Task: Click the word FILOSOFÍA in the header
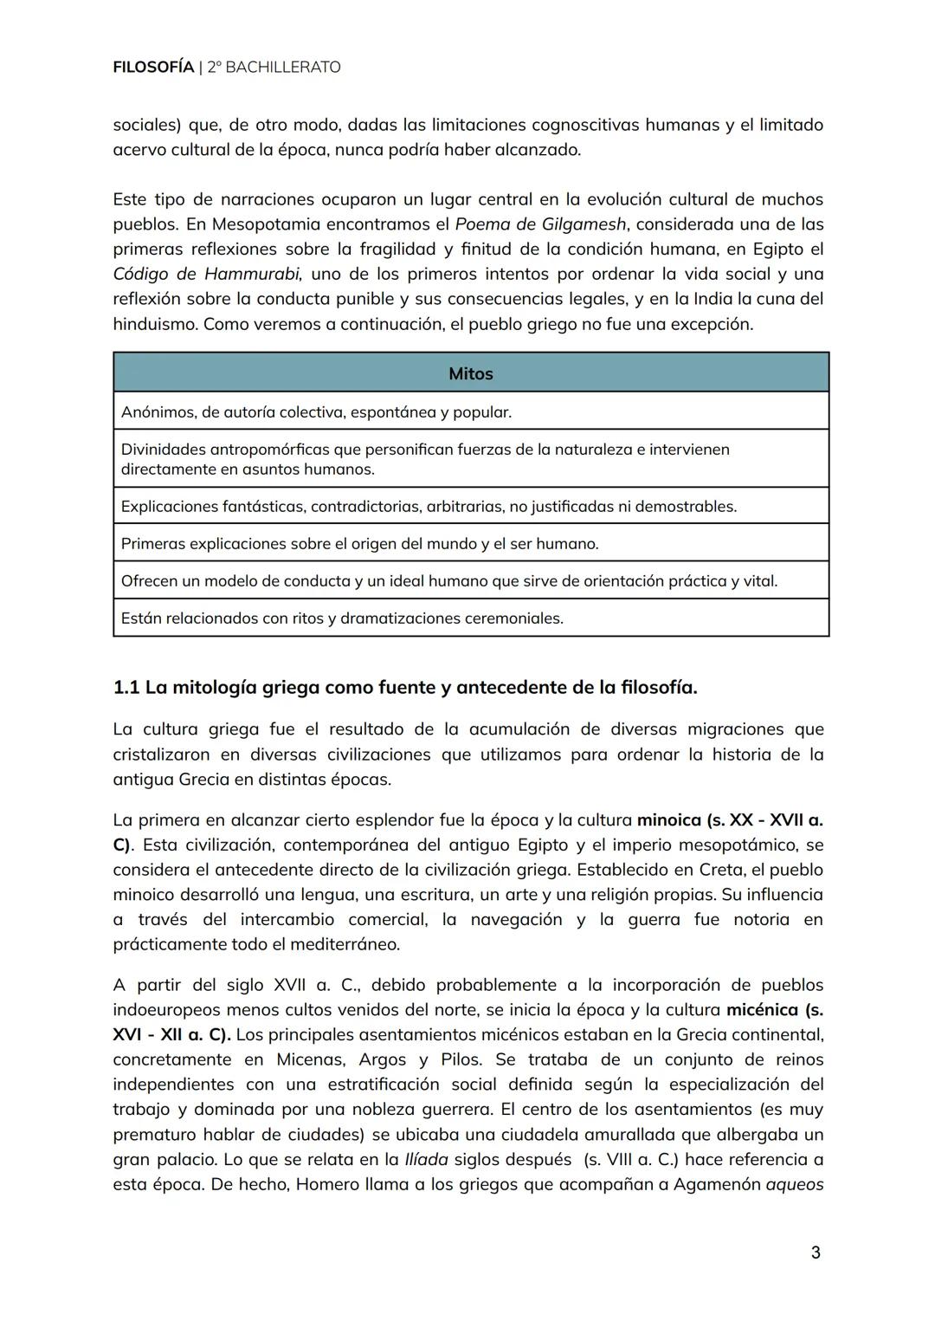[x=152, y=67]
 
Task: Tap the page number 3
[x=815, y=1253]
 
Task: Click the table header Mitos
[x=470, y=373]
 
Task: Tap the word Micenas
[x=311, y=1059]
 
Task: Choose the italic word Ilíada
[x=426, y=1159]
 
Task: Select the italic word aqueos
[x=794, y=1184]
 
